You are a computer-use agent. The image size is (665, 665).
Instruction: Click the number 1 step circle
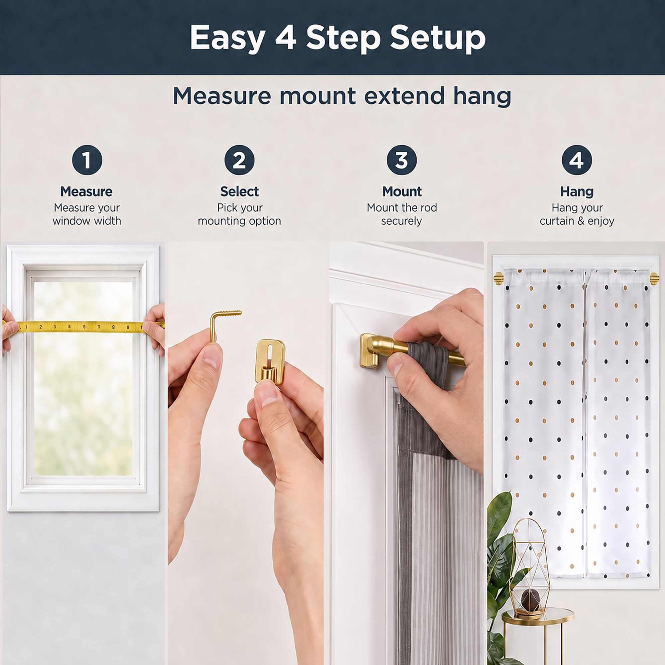coord(87,160)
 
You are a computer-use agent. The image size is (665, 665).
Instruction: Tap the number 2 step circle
coord(239,160)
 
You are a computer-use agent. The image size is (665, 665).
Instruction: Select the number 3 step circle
coord(402,160)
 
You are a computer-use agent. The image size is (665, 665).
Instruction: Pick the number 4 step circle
coord(577,160)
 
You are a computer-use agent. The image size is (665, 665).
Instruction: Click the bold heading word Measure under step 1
coord(86,192)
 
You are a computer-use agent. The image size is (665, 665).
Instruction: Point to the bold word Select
coord(239,192)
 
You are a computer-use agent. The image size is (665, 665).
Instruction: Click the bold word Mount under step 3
coord(402,192)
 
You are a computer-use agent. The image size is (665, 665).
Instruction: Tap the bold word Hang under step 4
coord(577,192)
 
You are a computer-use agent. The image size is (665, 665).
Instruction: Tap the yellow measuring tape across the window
coord(82,327)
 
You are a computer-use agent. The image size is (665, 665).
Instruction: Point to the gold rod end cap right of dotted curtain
coord(654,279)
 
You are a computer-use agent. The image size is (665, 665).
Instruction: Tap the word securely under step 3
coord(401,221)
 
